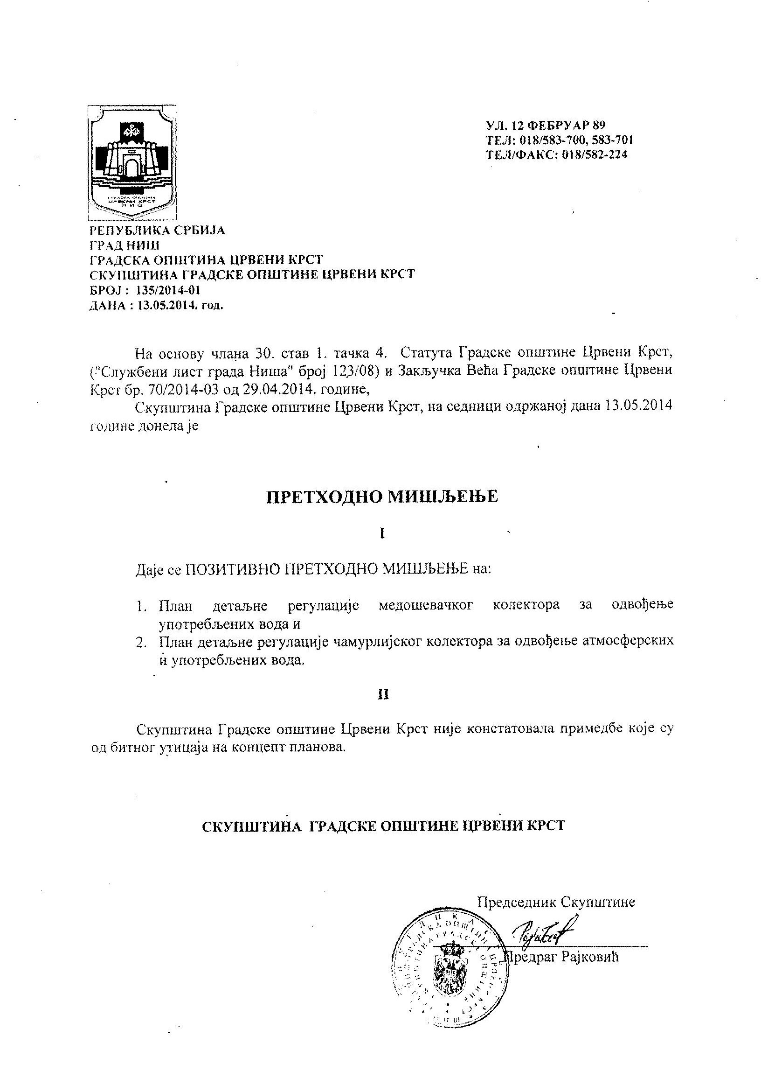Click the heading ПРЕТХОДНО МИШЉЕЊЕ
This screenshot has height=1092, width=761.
tap(381, 497)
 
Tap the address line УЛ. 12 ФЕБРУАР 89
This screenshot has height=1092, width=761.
tap(545, 126)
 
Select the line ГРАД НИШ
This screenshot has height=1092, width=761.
tap(125, 245)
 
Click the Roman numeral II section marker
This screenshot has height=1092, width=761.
tap(383, 695)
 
